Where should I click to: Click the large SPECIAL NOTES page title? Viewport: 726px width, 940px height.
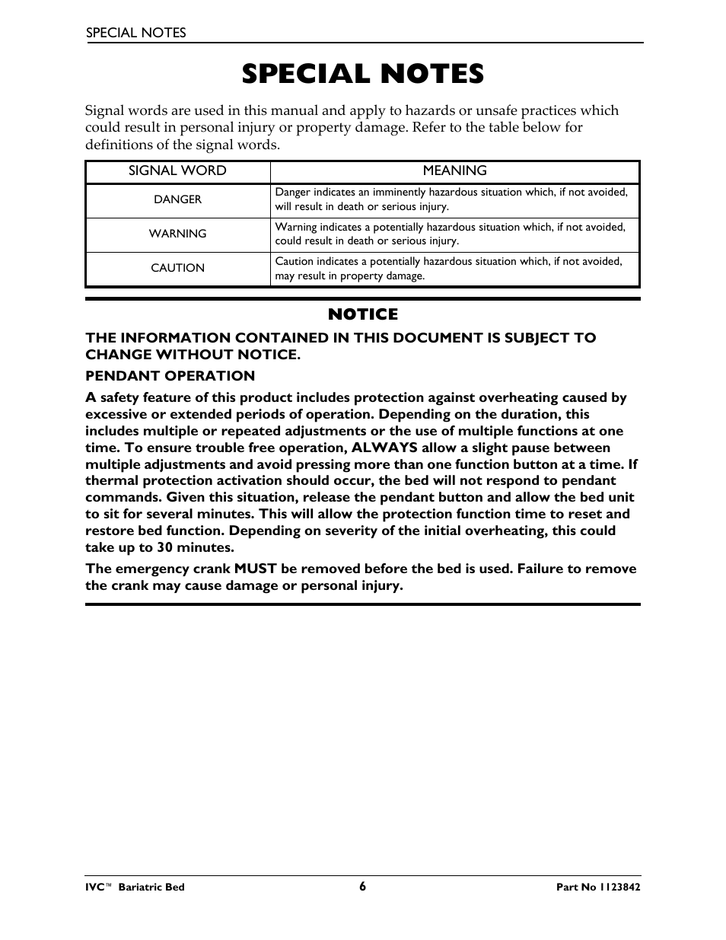coord(363,74)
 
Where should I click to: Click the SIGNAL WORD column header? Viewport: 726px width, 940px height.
coord(177,171)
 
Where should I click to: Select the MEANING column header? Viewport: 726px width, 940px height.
coord(454,171)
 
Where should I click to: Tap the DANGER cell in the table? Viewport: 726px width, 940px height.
coord(177,199)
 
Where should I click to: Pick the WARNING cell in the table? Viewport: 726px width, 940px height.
coord(177,234)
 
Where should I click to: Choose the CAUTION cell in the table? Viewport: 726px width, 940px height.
coord(177,268)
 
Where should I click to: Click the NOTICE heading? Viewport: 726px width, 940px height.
coord(363,314)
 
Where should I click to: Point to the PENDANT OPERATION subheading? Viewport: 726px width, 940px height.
coord(170,376)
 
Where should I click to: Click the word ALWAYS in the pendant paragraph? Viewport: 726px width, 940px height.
coord(384,448)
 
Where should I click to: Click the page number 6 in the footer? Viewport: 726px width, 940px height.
coord(363,886)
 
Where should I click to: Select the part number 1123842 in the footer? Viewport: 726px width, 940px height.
coord(617,887)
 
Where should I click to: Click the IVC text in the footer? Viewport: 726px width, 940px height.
coord(94,887)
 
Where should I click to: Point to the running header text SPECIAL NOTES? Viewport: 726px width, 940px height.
coord(135,33)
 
